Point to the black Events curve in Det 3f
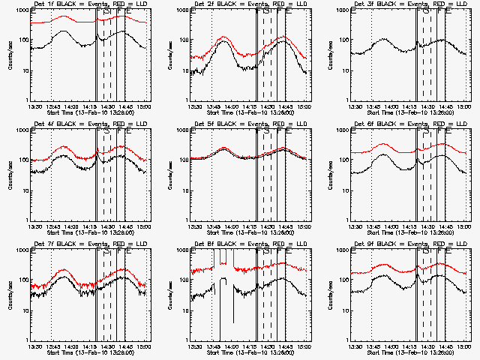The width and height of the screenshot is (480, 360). coord(382,41)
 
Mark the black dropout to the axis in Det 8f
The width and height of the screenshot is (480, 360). coord(220,315)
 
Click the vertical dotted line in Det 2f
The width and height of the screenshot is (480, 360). coord(211,67)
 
